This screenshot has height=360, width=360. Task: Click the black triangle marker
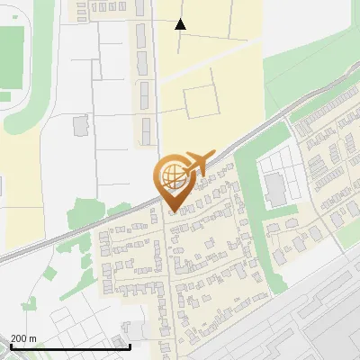181,24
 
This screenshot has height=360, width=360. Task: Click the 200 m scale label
23,338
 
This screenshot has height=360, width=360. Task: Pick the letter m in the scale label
33,338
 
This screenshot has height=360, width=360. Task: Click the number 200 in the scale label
19,338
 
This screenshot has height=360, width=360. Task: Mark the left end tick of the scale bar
12,346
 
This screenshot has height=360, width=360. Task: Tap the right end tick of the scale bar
130,346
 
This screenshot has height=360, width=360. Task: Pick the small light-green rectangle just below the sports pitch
5,96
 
